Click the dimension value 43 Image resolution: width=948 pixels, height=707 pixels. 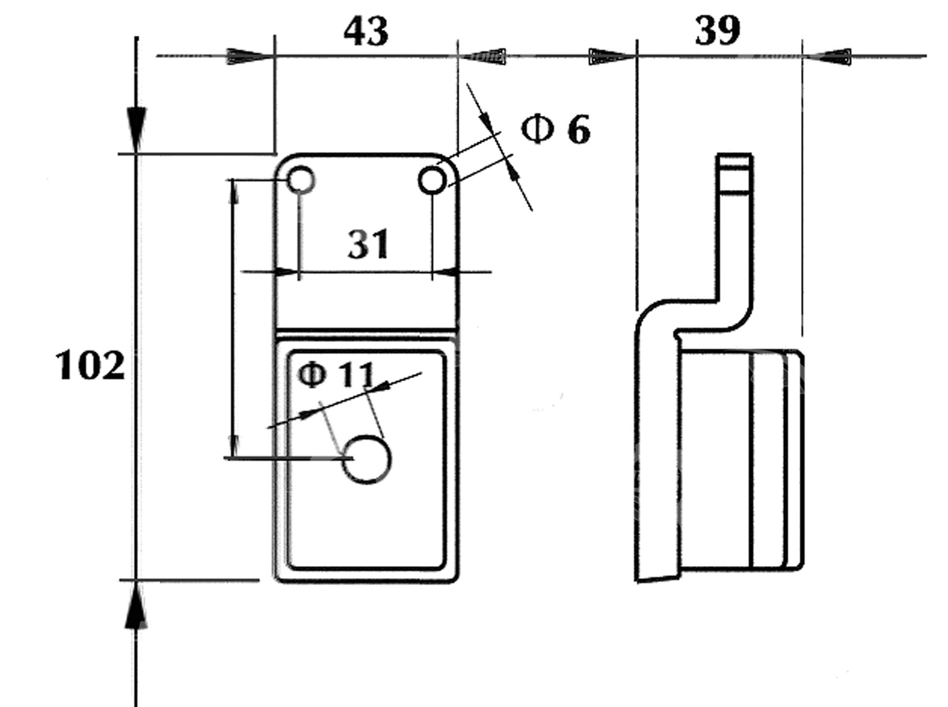point(366,32)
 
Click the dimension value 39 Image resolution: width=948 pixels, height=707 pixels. point(717,31)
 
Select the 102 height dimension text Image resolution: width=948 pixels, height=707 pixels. point(90,366)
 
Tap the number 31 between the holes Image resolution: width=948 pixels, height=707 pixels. point(368,244)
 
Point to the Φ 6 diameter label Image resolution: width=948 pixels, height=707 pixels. point(555,129)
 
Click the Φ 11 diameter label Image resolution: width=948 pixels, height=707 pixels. point(336,374)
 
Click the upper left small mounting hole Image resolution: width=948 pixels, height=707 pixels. point(301,181)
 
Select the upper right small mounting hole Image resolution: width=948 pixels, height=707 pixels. point(433,181)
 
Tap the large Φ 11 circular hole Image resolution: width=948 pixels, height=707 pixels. point(366,460)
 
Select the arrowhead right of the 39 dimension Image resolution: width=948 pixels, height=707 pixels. point(830,57)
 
